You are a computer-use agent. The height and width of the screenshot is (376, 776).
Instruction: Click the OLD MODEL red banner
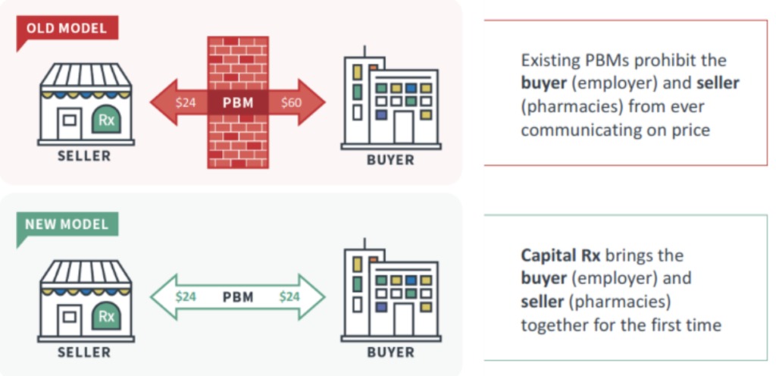(x=67, y=28)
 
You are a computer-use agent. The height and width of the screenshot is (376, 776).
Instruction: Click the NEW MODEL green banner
(x=67, y=224)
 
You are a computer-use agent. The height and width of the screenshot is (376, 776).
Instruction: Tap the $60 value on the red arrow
(x=291, y=103)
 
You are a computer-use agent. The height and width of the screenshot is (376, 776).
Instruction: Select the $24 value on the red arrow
(x=186, y=103)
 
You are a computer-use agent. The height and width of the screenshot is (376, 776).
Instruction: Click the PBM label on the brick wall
(x=238, y=103)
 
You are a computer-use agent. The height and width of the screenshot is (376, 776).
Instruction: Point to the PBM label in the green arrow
(x=238, y=297)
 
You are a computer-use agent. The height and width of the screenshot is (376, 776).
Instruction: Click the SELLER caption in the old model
(x=84, y=156)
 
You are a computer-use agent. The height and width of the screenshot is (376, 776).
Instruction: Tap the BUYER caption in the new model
(x=390, y=352)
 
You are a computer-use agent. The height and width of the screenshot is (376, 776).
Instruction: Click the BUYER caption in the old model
(x=390, y=160)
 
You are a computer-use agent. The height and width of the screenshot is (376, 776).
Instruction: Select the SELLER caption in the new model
(x=84, y=352)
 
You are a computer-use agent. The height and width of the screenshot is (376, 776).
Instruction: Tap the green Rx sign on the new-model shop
(x=106, y=315)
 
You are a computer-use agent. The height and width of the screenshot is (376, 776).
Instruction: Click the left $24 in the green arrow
(x=186, y=297)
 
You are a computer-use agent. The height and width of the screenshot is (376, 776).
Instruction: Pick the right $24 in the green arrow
(x=289, y=297)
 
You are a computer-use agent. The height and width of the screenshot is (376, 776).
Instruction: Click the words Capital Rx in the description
(x=560, y=255)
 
